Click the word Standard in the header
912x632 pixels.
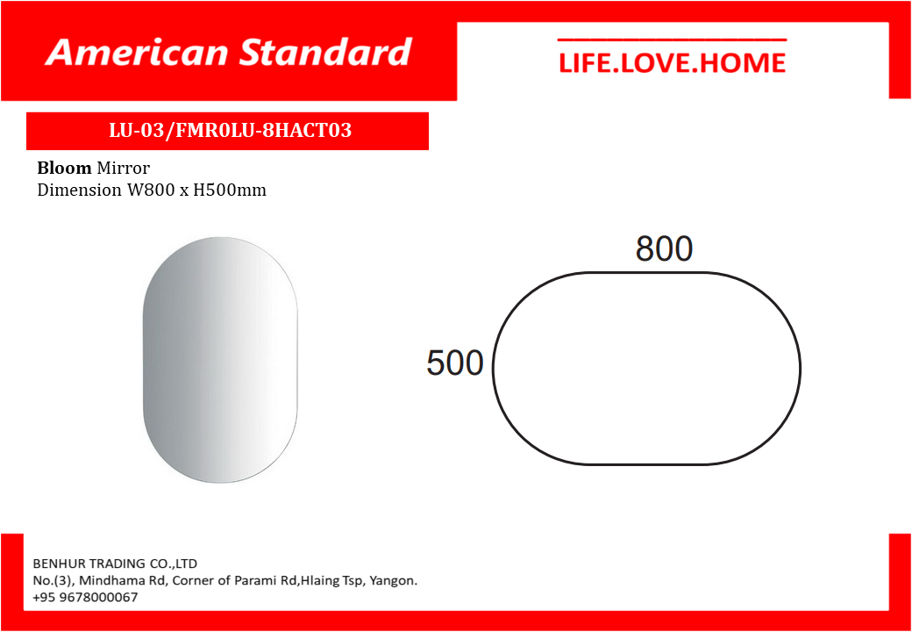(326, 53)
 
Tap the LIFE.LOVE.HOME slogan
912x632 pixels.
(672, 63)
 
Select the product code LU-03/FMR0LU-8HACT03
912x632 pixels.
(231, 131)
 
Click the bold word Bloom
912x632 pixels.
(65, 169)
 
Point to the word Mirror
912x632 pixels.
(124, 169)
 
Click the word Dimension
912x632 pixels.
(80, 190)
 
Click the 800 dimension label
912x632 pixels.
(664, 248)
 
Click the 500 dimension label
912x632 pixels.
(455, 363)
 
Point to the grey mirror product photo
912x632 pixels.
(220, 360)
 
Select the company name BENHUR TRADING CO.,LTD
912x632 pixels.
(115, 564)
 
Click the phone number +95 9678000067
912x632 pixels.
(86, 598)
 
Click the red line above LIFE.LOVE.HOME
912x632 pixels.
(672, 39)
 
